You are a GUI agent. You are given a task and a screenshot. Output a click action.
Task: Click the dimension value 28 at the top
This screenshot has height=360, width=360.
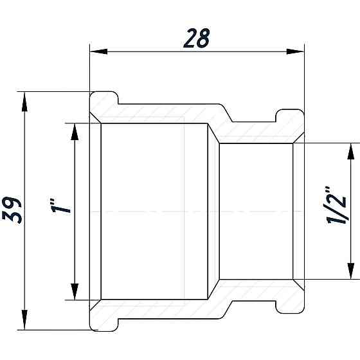(x=196, y=38)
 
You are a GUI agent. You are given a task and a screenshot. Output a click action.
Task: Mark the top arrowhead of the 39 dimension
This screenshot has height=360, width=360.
(x=24, y=99)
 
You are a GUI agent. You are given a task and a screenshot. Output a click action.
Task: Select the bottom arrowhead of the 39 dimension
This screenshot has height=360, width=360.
(x=24, y=321)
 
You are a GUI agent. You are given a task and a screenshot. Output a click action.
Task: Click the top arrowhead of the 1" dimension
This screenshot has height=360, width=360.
(x=74, y=130)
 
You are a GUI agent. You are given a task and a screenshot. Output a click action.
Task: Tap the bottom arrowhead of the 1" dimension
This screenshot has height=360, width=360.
(x=74, y=292)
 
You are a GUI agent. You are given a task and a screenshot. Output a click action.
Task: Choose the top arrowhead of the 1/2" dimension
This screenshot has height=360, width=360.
(x=351, y=150)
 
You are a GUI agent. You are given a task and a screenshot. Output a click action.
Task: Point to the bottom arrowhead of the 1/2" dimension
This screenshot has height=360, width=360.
(x=351, y=273)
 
